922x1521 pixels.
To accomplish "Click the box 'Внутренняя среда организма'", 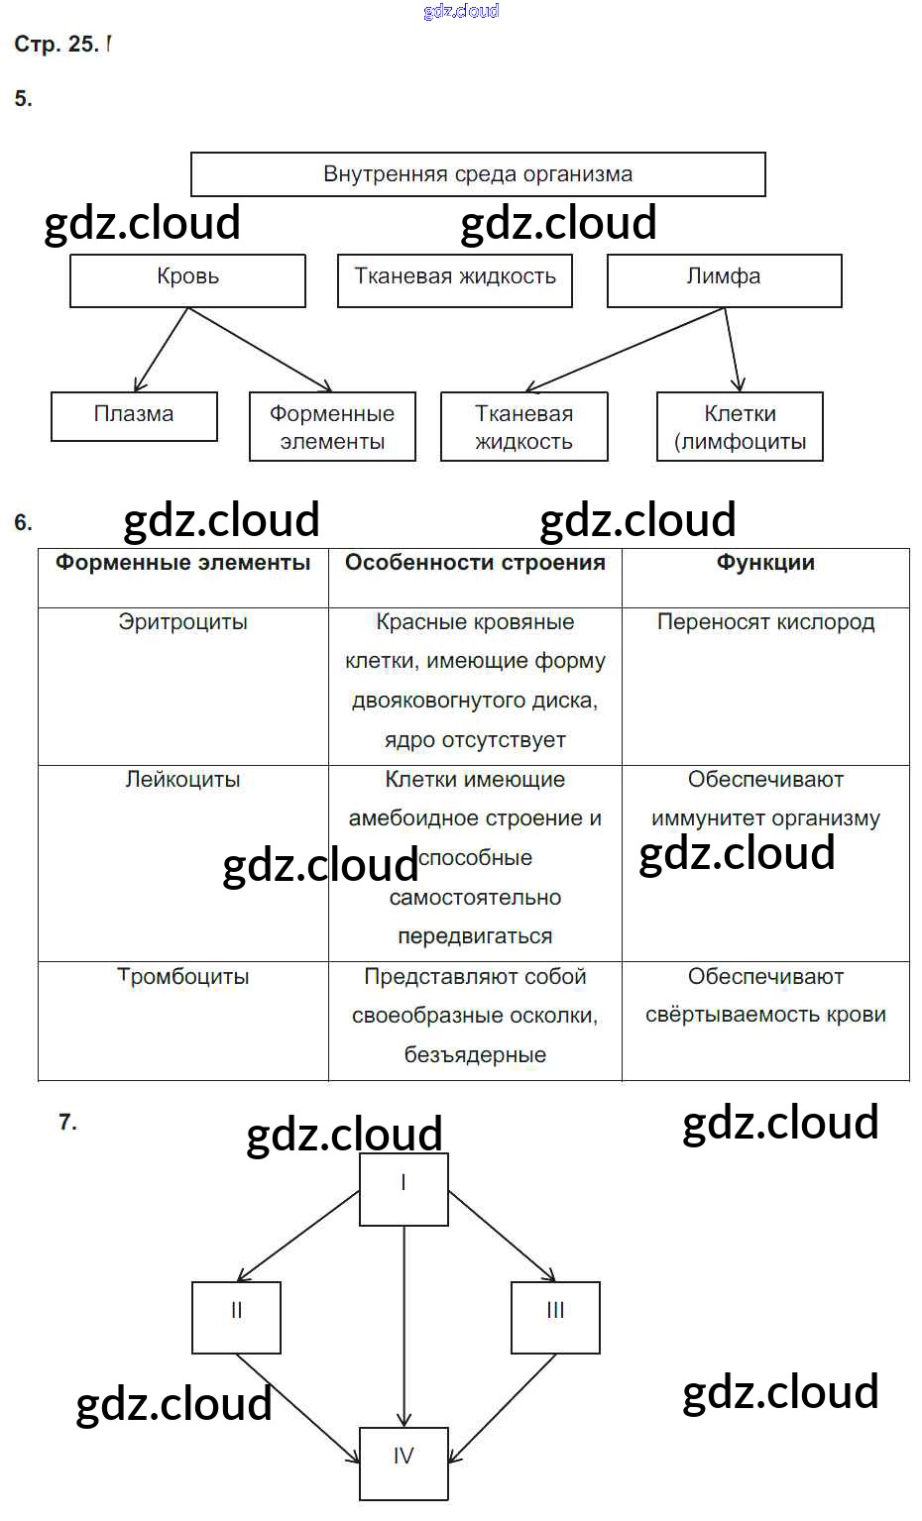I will [477, 174].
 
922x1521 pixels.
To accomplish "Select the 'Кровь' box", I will [187, 280].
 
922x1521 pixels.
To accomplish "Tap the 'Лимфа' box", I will [724, 280].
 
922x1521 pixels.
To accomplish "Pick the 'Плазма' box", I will [134, 416].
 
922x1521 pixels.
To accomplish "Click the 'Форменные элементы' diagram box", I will [332, 427].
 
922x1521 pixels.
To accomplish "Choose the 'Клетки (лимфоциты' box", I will [740, 427].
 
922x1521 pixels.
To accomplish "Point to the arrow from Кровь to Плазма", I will [161, 349].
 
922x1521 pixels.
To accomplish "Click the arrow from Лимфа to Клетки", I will [732, 349].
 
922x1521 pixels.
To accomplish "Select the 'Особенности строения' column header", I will [475, 563].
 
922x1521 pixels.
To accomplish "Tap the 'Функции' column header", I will [765, 563].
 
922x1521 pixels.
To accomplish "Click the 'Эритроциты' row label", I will [182, 622].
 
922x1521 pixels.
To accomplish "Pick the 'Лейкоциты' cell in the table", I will [182, 780].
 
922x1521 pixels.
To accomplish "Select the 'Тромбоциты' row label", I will [182, 977].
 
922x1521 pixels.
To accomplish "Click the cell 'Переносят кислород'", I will [765, 622].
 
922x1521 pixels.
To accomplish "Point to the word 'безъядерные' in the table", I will [475, 1055].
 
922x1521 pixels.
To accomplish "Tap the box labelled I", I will [403, 1188].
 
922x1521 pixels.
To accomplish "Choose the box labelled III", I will [555, 1317].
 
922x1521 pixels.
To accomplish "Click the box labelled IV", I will [403, 1463].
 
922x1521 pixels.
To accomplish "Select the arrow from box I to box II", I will [297, 1236].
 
